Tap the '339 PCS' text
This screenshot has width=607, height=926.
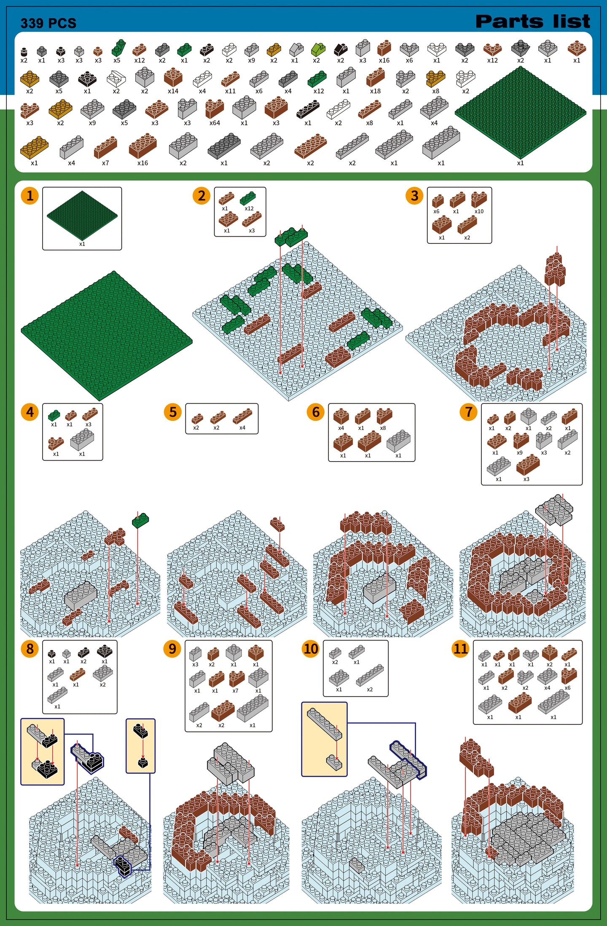(x=48, y=23)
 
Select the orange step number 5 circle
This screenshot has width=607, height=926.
(x=172, y=412)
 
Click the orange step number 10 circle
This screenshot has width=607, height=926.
(x=311, y=648)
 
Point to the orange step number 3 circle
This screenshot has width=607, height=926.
(x=414, y=195)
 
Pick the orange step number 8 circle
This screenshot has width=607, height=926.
(x=30, y=648)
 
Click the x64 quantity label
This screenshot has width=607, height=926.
(x=215, y=123)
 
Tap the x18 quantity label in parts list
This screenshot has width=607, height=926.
(x=375, y=91)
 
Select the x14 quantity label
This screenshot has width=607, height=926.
(x=173, y=91)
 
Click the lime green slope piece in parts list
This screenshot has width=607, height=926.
(x=318, y=50)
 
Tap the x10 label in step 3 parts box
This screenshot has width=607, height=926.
(x=479, y=212)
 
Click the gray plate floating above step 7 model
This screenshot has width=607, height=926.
(x=554, y=509)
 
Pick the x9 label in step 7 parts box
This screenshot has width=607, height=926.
(x=519, y=453)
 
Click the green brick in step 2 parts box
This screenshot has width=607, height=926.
(x=248, y=198)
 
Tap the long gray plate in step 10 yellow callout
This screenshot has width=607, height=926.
(x=324, y=724)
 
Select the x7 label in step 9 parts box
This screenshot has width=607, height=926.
(x=235, y=691)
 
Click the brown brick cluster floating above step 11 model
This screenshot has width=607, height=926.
(x=475, y=758)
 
